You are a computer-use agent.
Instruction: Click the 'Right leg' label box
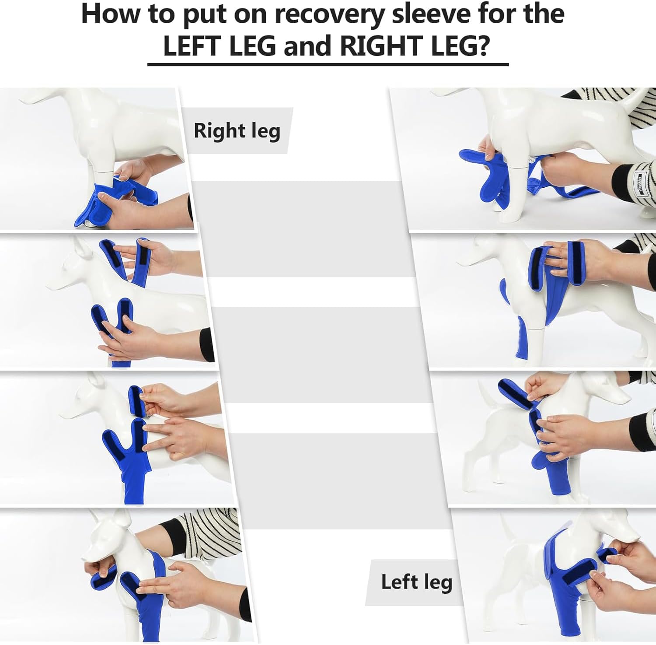pyautogui.click(x=237, y=130)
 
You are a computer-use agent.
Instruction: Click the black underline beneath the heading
pyautogui.click(x=328, y=64)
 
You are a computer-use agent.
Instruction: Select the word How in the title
pyautogui.click(x=112, y=14)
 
